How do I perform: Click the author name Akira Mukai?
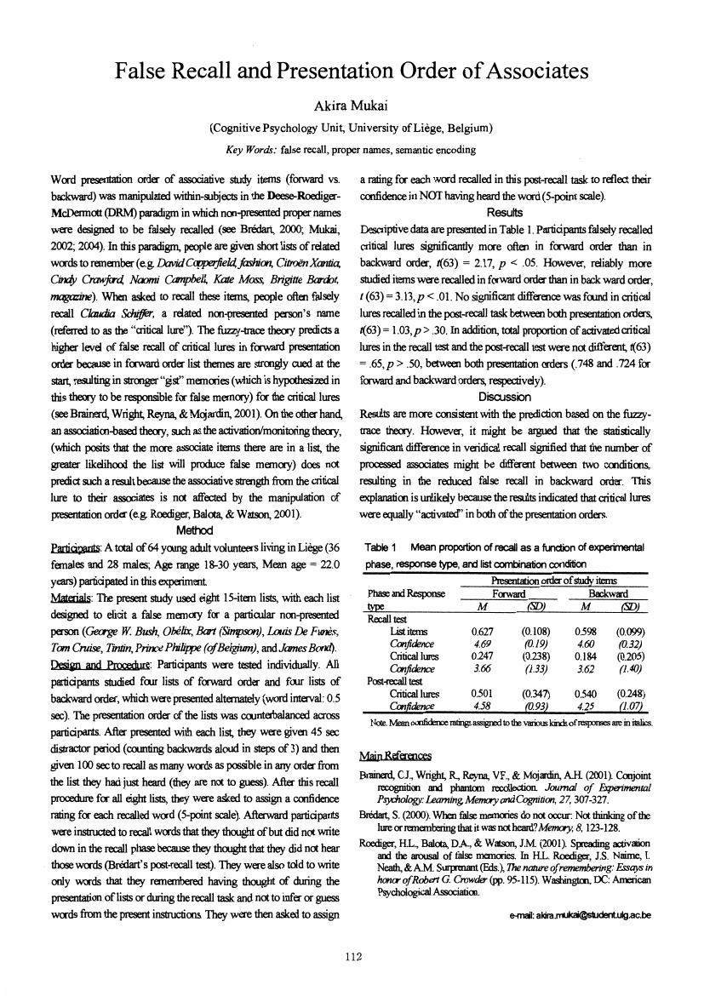(x=352, y=106)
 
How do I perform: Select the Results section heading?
(x=505, y=211)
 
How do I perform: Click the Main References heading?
(x=396, y=755)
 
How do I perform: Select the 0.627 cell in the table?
(x=483, y=632)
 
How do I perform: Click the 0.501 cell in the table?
(x=483, y=693)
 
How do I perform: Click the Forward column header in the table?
(x=510, y=593)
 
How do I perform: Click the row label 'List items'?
(x=408, y=632)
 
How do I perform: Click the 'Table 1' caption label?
(x=381, y=547)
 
